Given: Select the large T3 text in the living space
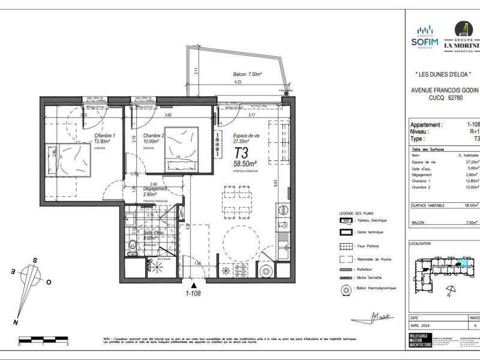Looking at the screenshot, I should pyautogui.click(x=242, y=151).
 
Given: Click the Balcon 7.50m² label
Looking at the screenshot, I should pyautogui.click(x=247, y=74).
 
